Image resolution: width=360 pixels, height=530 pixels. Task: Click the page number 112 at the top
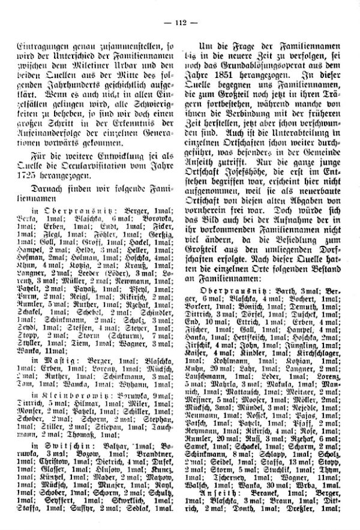point(181,23)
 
